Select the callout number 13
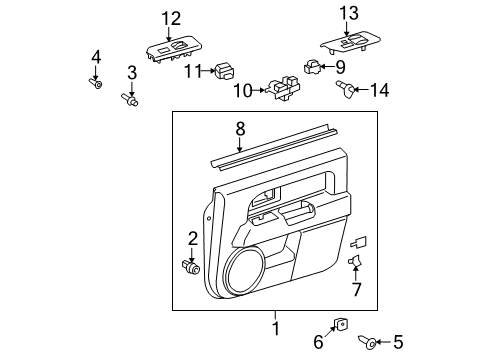[x=346, y=13]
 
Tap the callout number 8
[x=239, y=128]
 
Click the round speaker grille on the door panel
[x=245, y=271]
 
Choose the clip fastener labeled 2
[x=191, y=267]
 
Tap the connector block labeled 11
[x=225, y=71]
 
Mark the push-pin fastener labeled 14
[x=347, y=92]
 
